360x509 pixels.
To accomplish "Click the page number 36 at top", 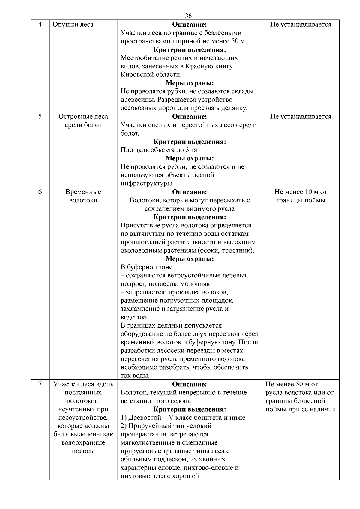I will pyautogui.click(x=188, y=16).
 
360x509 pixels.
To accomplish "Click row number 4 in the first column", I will pyautogui.click(x=40, y=25).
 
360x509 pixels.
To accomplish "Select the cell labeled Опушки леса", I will pyautogui.click(x=73, y=25).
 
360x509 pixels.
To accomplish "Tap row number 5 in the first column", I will pyautogui.click(x=40, y=117).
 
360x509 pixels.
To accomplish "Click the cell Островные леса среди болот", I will pyautogui.click(x=83, y=121).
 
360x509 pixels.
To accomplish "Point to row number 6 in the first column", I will pyautogui.click(x=40, y=192).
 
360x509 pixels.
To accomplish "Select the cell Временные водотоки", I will pyautogui.click(x=83, y=196).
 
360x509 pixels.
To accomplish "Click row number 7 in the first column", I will pyautogui.click(x=40, y=384).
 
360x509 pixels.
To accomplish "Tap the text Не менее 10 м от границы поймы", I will pyautogui.click(x=301, y=196).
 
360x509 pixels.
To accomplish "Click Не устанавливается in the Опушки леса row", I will pyautogui.click(x=301, y=25).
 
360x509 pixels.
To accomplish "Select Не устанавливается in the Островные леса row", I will pyautogui.click(x=301, y=117).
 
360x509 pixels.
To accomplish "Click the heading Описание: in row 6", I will pyautogui.click(x=190, y=192).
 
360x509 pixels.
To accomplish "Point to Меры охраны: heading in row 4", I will pyautogui.click(x=190, y=83).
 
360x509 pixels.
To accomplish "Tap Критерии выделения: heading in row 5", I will pyautogui.click(x=190, y=142).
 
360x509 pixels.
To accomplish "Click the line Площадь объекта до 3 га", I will pyautogui.click(x=159, y=150).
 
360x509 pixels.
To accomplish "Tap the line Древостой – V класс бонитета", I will pyautogui.click(x=183, y=418).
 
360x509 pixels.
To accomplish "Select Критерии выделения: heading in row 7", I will pyautogui.click(x=190, y=409).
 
